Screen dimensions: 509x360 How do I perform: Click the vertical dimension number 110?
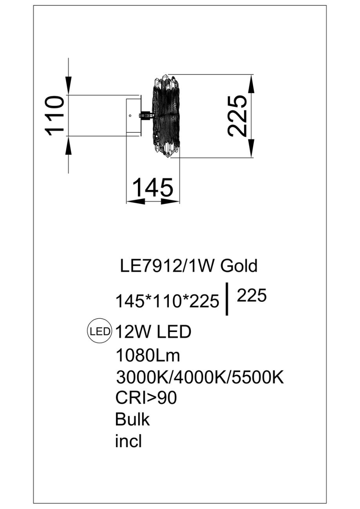coord(55,116)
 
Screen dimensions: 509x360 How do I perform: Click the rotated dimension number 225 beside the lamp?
coord(238,116)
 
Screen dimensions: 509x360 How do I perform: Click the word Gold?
coord(239,266)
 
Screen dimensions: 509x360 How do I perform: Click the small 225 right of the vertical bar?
coord(251,296)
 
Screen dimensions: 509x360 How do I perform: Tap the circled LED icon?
coord(99,332)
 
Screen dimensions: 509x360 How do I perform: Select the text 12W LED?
coord(153,332)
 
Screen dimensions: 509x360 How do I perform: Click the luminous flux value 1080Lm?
coord(148,356)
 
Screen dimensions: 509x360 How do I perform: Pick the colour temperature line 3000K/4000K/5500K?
coord(200,378)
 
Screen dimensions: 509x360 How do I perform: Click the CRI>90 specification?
coord(146,398)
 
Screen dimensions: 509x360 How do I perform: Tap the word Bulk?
coord(132,419)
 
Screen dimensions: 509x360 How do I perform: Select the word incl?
coord(128,441)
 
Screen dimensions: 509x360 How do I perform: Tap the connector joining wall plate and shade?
coord(145,116)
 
